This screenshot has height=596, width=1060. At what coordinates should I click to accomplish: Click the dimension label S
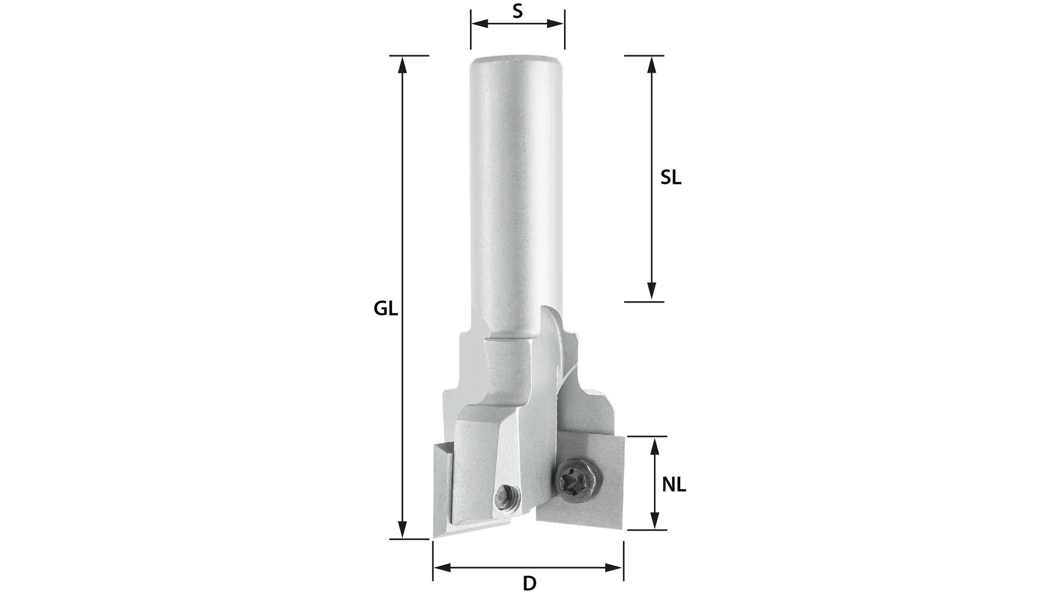coord(517,11)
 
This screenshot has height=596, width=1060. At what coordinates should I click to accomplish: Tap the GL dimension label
coord(385,308)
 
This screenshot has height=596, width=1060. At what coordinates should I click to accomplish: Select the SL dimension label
coord(670,178)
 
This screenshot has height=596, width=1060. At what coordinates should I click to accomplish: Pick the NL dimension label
coord(674,484)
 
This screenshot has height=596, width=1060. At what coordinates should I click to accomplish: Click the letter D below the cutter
coord(529,583)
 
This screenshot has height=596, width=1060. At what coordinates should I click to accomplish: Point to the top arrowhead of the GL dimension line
coord(403,64)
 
